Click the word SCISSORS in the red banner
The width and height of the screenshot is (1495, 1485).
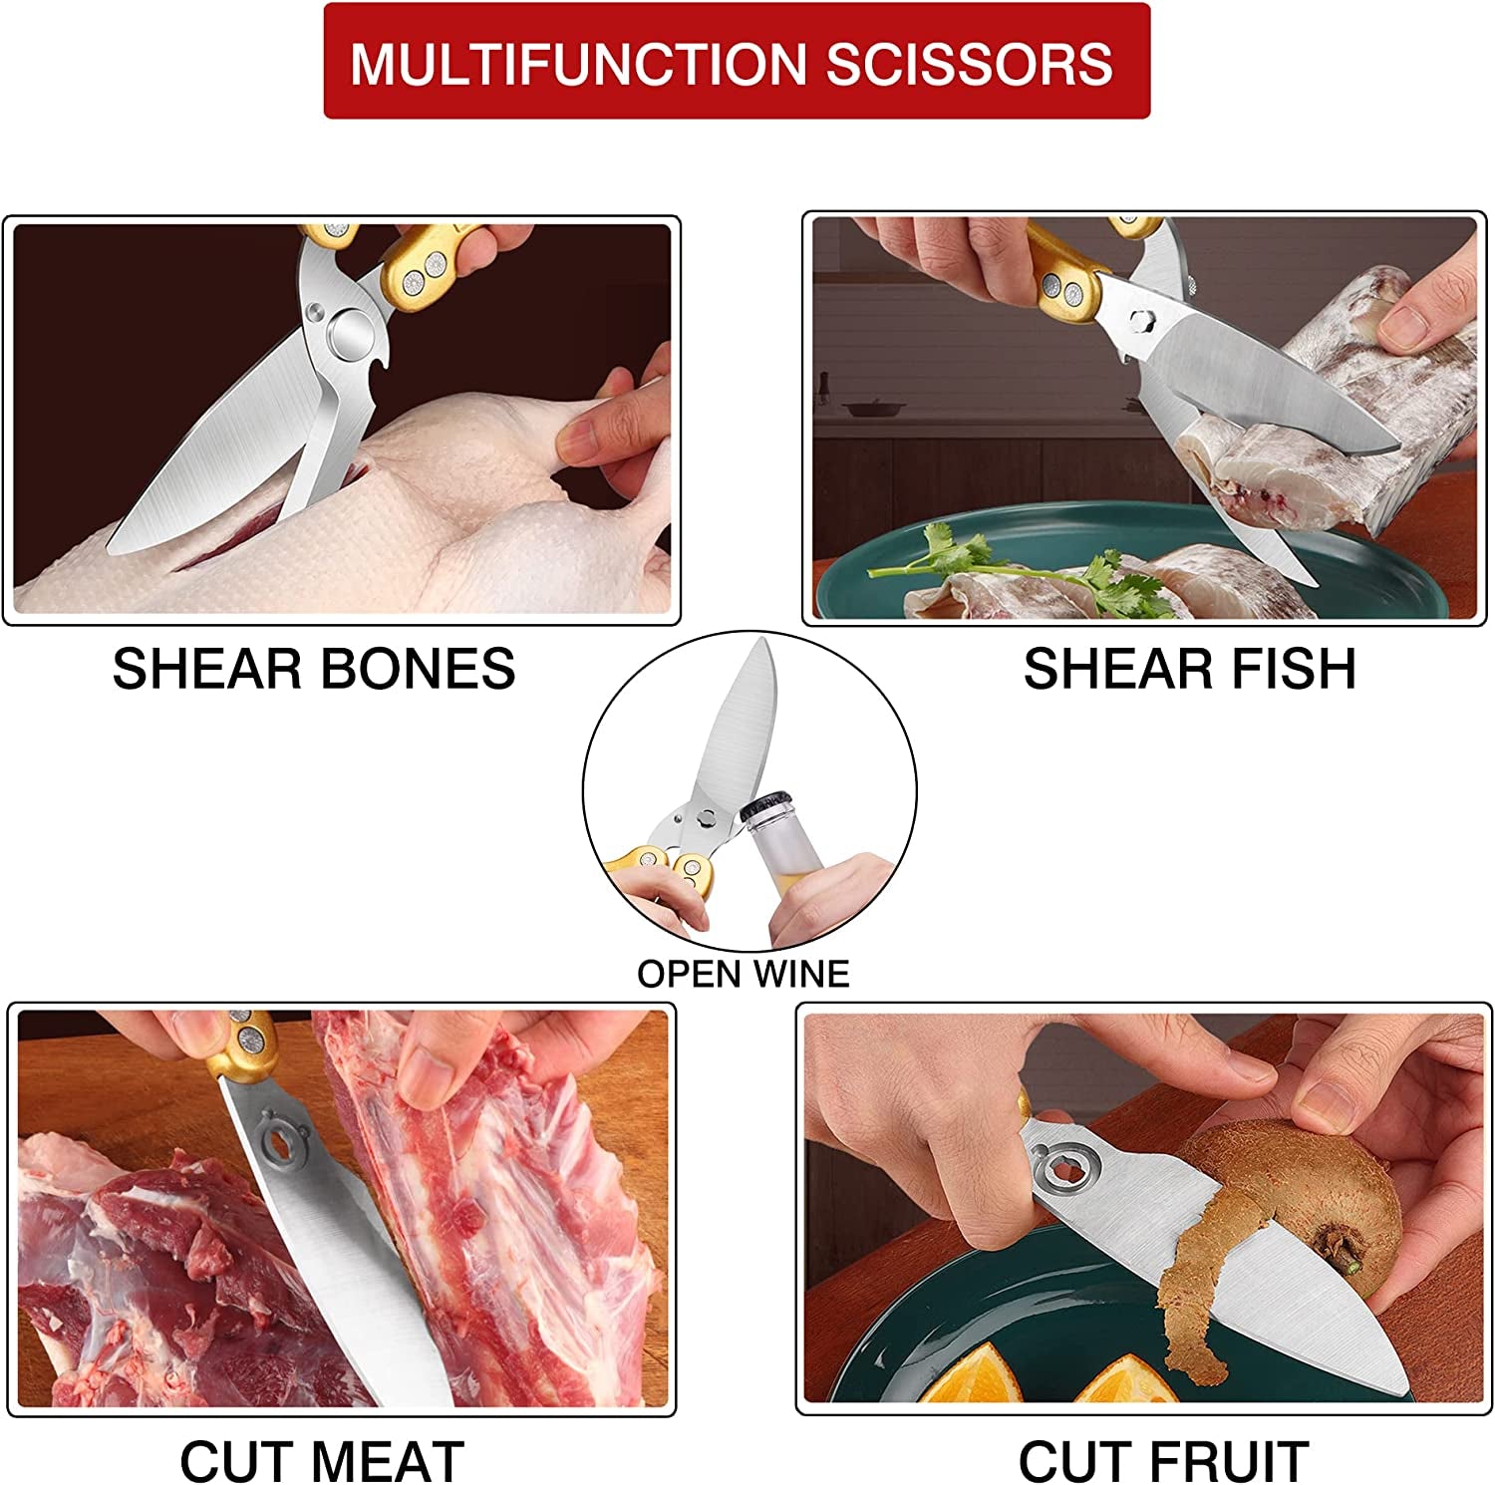click(x=969, y=64)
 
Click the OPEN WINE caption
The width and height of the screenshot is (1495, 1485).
click(x=744, y=974)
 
